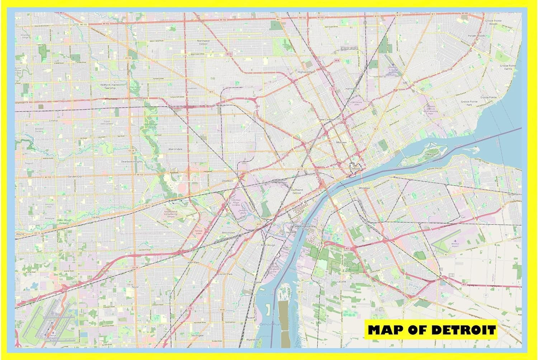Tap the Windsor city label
[364, 188]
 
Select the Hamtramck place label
[352, 89]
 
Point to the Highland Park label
[306, 72]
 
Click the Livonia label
[53, 120]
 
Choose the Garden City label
[75, 176]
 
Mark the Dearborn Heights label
[132, 161]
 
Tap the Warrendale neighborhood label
[175, 149]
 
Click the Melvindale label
[228, 232]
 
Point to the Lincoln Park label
[225, 274]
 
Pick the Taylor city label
[135, 287]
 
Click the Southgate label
[197, 335]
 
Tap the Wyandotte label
[253, 339]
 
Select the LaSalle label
[341, 281]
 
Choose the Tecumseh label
[514, 194]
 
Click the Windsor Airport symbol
[456, 241]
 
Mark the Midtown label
[341, 142]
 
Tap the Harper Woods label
[476, 36]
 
